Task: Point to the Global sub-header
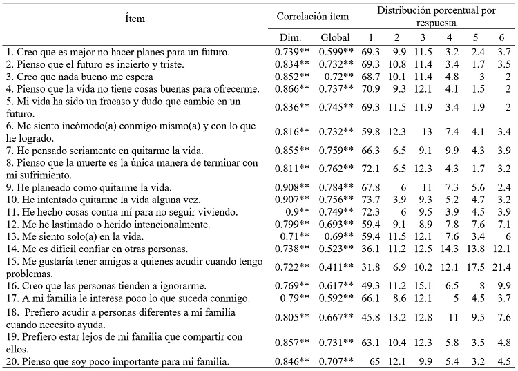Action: click(336, 37)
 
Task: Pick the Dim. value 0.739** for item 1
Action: click(289, 51)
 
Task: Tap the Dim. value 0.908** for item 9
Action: click(289, 187)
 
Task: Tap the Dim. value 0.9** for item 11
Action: click(289, 211)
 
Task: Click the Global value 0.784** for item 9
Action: click(336, 187)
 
